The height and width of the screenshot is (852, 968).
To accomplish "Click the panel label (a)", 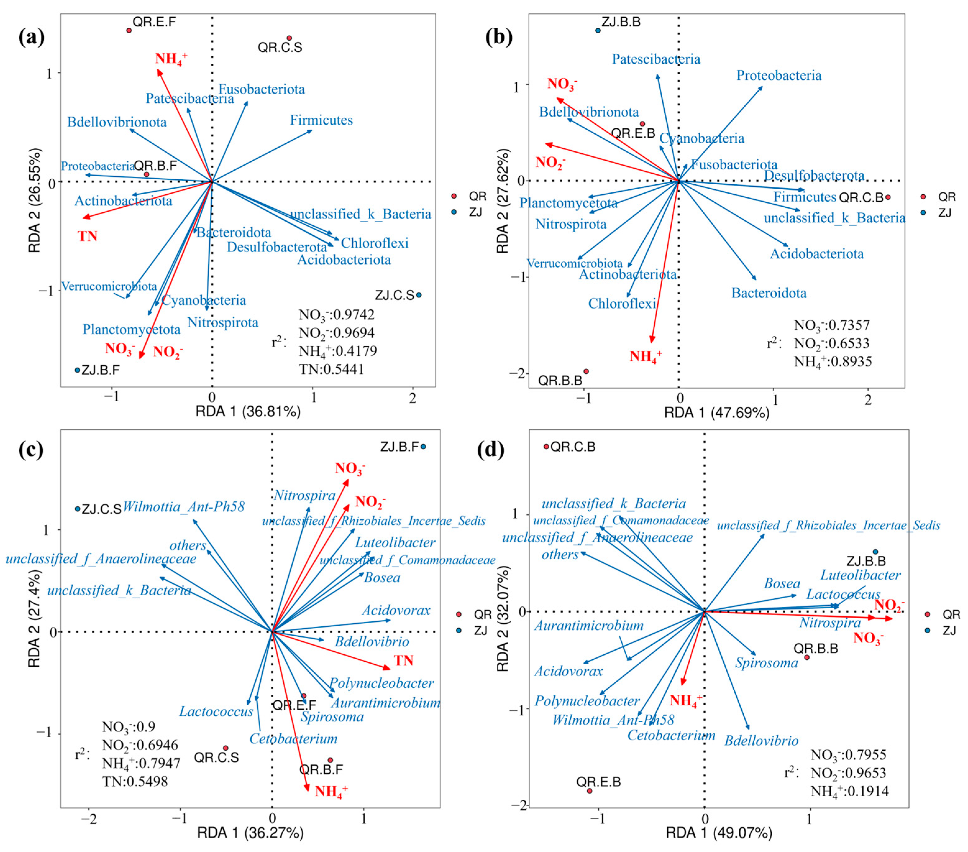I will [x=31, y=37].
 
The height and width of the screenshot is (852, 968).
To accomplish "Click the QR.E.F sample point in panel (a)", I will [x=129, y=31].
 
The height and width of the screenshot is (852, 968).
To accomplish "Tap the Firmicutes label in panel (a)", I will [x=321, y=120].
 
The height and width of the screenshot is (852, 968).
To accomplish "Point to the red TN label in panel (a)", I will [x=88, y=236].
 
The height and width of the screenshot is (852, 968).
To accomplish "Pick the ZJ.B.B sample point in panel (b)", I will [x=598, y=31].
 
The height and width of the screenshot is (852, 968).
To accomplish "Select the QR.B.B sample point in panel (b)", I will [x=586, y=371].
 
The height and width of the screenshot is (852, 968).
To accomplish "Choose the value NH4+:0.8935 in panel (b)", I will [x=833, y=362].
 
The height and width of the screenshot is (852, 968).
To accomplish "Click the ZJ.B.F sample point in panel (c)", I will [x=423, y=446].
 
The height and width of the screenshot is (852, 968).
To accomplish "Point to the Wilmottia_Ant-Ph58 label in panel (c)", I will [x=184, y=507].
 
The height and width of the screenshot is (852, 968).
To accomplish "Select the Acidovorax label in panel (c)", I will [x=396, y=610].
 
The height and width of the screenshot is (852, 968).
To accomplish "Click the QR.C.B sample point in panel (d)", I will [x=546, y=446].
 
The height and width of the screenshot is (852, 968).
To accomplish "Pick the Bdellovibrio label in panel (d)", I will [x=761, y=741].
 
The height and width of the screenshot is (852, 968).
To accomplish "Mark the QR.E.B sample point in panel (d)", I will [x=590, y=791].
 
